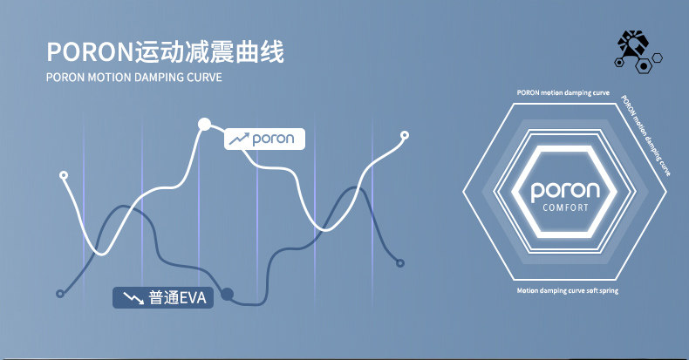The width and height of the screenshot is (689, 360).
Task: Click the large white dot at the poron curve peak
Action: coord(205,124)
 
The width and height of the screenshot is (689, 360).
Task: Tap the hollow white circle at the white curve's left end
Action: coord(63,175)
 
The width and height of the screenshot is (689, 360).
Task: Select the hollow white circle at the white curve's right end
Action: coord(404,135)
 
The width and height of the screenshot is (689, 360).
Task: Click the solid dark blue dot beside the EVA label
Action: coord(228,294)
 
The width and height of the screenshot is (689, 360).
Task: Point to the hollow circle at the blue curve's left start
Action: coord(59,294)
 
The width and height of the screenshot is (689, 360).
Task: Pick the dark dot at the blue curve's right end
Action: coord(400,262)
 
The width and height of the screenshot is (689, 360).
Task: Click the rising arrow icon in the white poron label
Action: coord(239,139)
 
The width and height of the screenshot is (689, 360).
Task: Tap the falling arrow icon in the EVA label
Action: coord(133,298)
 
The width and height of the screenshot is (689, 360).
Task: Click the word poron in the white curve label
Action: coord(273,139)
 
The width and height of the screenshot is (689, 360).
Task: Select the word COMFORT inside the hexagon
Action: coord(566,208)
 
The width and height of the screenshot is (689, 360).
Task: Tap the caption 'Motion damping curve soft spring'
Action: coord(567,290)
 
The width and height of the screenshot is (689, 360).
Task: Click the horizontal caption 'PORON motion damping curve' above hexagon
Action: coord(563,92)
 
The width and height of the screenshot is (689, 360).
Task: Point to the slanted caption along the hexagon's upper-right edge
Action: coord(646,134)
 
